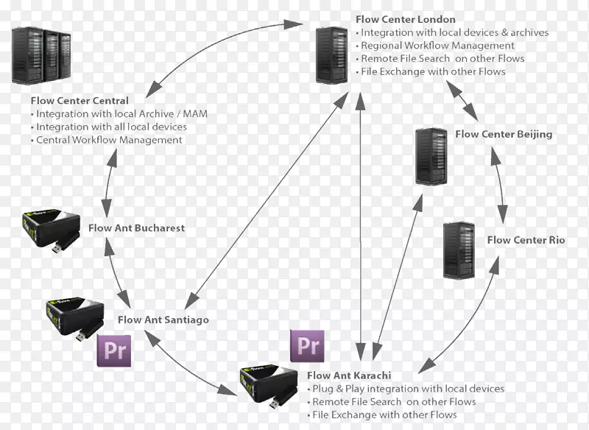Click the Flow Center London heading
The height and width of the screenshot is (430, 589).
point(405,20)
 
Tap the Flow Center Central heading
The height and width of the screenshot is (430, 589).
point(80,100)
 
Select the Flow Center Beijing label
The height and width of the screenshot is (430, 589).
point(503,135)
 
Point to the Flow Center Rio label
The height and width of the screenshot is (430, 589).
point(526,240)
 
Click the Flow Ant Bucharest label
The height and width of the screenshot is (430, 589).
point(136,228)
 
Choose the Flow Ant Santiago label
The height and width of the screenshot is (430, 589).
point(163,320)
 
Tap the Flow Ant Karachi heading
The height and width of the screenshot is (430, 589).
point(348,376)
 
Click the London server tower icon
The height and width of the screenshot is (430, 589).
point(332,55)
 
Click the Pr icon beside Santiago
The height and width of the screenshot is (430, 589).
point(114,349)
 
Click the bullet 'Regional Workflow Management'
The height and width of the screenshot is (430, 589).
point(437,46)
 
